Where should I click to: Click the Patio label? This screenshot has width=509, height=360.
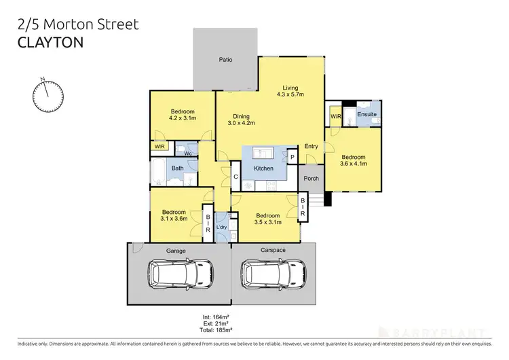pos(225,60)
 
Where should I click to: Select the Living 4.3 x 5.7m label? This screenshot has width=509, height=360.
pos(291,91)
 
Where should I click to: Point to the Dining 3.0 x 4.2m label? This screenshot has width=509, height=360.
pos(239,120)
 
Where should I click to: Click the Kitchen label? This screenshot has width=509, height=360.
pos(263,168)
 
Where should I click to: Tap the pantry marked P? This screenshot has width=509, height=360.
pos(293,157)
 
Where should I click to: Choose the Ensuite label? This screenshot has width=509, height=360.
pos(368,114)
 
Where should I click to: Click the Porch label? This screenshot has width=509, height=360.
pos(312,179)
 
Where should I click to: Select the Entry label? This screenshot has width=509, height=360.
pos(312,147)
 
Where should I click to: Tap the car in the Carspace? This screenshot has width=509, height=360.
pos(273,276)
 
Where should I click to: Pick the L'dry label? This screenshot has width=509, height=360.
pos(221,227)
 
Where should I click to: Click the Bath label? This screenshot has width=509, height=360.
pos(177,168)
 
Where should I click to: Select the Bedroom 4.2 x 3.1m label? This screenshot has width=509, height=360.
pos(183,115)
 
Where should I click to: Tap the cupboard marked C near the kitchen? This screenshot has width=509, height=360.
pos(235,177)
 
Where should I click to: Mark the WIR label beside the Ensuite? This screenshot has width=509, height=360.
pos(335,117)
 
